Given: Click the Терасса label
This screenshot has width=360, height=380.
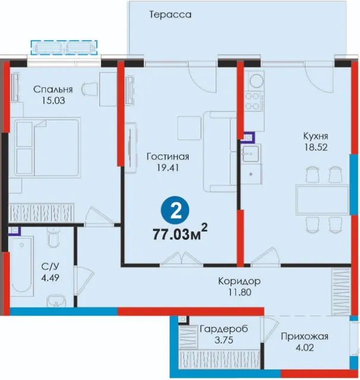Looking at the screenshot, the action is pos(170,14).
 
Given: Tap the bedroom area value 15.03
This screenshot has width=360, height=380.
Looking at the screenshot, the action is pos(53,100).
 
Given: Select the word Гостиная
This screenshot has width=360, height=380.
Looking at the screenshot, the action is pos(168,157).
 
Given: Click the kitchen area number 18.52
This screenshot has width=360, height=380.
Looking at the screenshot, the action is pos(316,147).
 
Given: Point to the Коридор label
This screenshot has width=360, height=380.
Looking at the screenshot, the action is pos(239,281).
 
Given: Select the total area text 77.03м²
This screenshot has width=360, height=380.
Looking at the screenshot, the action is pos(180,233).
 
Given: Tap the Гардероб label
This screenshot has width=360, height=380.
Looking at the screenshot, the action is pos(224,329).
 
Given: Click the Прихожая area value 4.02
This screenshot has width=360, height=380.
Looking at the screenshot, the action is pos(305,348).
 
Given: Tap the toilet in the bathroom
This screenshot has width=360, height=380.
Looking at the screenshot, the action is pos(52,238).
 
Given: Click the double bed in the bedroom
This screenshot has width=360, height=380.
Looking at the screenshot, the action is pos(48,147).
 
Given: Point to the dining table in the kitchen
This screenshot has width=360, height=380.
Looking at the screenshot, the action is pos(322,199).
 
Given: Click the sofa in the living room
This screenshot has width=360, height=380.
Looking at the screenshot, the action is pos(220,151).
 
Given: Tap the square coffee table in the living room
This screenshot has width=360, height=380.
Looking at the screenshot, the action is pos(189,128).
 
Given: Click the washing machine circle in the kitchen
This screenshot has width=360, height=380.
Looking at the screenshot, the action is pos(256,81).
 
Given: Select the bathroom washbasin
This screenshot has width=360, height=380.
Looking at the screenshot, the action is pos(56,301).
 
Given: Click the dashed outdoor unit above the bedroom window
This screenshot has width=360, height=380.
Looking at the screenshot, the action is pos(64,47).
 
